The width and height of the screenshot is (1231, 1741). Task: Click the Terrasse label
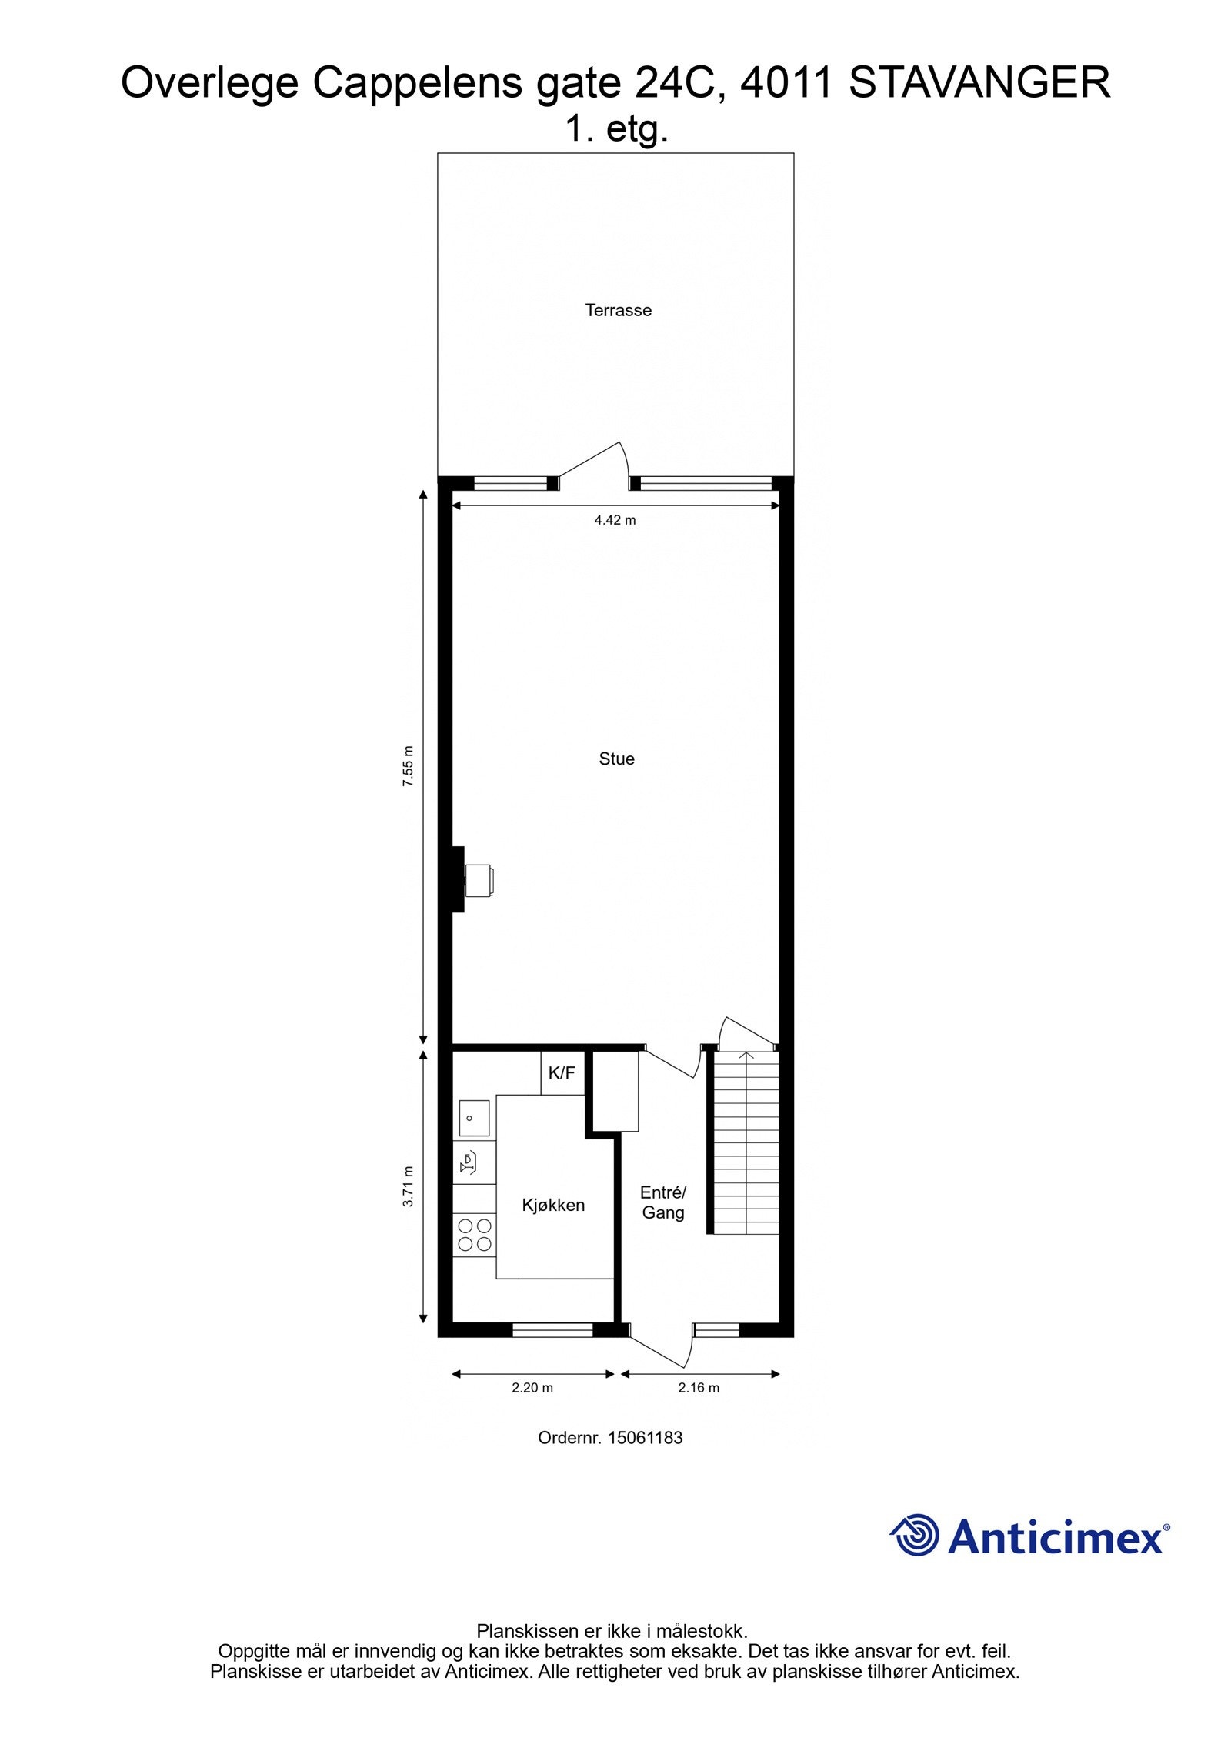(618, 310)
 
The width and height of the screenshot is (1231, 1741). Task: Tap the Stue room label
(616, 759)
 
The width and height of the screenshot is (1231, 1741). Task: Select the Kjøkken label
(553, 1205)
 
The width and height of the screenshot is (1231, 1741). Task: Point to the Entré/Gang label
(662, 1202)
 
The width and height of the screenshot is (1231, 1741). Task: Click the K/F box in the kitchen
(562, 1073)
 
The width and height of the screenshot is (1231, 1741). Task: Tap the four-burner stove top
(474, 1234)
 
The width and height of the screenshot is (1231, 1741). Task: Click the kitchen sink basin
(474, 1118)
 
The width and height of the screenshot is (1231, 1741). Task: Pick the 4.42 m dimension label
(615, 520)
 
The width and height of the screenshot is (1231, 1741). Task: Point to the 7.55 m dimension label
(409, 765)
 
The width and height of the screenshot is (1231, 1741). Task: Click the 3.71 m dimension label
(409, 1187)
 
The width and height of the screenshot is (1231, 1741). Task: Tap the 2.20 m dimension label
(532, 1388)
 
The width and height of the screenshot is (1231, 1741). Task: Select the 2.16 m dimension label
(699, 1388)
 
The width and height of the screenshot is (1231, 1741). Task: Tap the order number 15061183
(610, 1437)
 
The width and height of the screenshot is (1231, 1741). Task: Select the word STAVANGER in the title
(979, 83)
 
